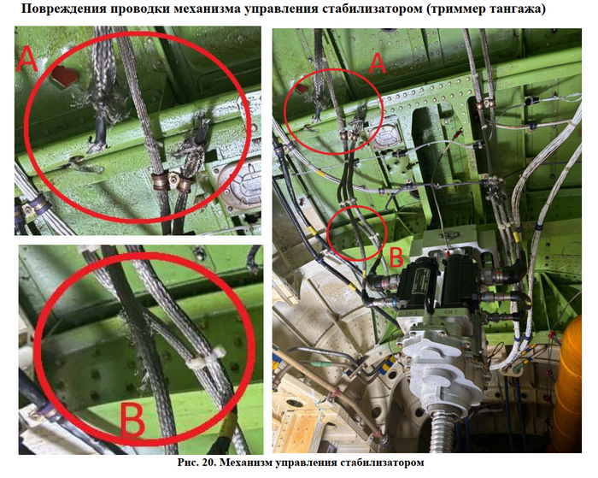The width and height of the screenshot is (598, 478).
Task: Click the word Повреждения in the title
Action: tap(62, 8)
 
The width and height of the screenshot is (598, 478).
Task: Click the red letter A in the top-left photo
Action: tap(27, 58)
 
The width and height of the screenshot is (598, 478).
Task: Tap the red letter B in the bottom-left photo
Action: tap(132, 420)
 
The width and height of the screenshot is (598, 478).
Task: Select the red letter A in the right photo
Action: tap(378, 63)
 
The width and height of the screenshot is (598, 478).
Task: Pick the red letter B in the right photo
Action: tap(396, 257)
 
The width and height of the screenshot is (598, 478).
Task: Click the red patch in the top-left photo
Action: tap(65, 74)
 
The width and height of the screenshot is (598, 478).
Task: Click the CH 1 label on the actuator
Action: tap(451, 312)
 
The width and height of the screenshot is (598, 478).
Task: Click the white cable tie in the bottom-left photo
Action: tap(205, 357)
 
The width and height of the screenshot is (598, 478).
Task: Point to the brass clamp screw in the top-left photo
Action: tap(174, 179)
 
